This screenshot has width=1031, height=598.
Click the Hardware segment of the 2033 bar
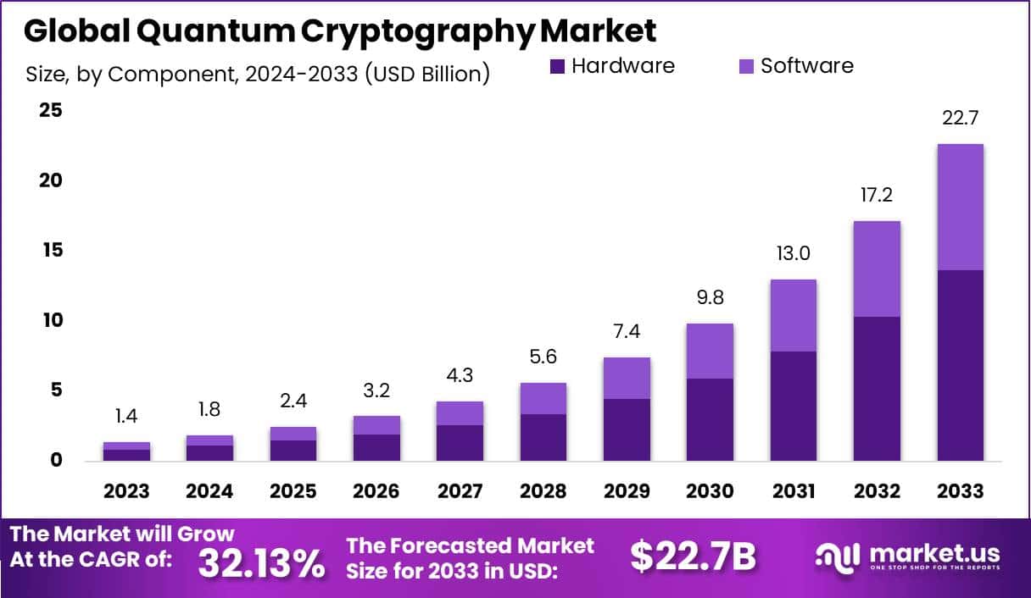tap(961, 365)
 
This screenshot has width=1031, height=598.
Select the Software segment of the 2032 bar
tap(878, 269)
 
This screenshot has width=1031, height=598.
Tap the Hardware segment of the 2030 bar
tap(711, 419)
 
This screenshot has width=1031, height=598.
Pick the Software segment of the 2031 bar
tap(794, 315)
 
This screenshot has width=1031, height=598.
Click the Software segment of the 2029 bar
tap(627, 378)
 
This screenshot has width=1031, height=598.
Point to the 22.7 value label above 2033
tap(961, 118)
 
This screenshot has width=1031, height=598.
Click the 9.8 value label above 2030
tap(711, 297)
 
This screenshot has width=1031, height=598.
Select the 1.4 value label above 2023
tap(126, 416)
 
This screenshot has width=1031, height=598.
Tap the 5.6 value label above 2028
tap(543, 357)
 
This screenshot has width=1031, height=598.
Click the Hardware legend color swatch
tap(557, 66)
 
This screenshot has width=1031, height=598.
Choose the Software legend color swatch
tap(745, 66)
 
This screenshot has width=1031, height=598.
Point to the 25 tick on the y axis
tap(49, 110)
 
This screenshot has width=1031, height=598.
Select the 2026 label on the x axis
tap(376, 491)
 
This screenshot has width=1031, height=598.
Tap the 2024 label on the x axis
tap(209, 491)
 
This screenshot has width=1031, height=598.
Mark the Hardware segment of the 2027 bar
tap(460, 442)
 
